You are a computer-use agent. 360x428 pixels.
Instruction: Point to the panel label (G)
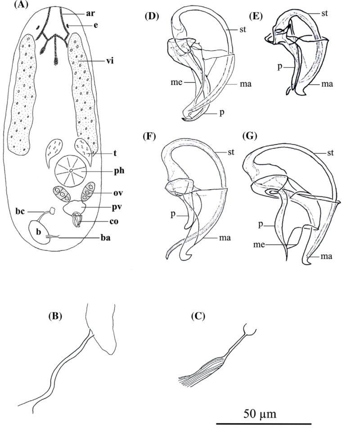250,136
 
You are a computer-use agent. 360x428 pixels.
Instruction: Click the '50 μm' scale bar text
260,414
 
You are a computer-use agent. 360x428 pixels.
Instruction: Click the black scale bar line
264,424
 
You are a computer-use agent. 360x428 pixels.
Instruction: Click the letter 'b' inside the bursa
39,232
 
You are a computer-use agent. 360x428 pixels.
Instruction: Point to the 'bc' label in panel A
20,212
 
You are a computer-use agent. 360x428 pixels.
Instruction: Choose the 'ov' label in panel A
118,193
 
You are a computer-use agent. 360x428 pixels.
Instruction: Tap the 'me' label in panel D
176,82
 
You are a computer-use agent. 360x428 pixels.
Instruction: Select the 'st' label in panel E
324,13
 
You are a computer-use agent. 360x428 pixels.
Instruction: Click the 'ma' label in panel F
225,238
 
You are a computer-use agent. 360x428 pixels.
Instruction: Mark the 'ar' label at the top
90,13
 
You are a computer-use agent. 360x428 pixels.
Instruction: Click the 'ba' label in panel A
105,238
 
